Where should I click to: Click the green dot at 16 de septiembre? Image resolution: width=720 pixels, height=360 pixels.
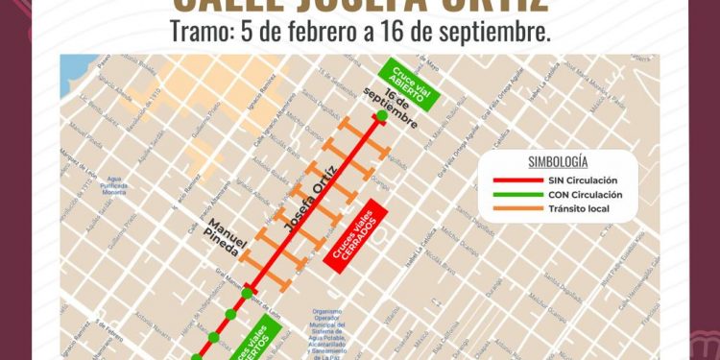[x=382, y=116]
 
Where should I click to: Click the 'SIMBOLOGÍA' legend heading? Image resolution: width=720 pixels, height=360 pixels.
[x=558, y=161]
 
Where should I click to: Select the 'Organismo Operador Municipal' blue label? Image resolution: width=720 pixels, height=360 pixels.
[x=332, y=332]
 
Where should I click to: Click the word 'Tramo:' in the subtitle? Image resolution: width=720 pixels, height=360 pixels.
[x=198, y=32]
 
